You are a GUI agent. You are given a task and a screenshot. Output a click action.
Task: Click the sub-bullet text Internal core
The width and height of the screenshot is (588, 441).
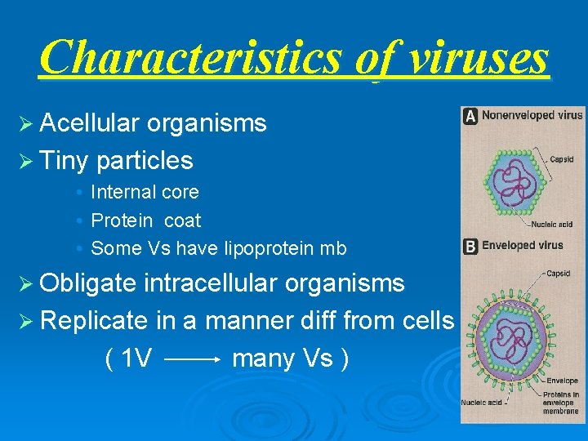click(145, 193)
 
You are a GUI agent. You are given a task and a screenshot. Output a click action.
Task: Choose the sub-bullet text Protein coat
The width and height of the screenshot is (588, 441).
click(145, 220)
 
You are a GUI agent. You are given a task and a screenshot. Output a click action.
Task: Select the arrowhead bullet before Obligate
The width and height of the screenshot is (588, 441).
click(27, 283)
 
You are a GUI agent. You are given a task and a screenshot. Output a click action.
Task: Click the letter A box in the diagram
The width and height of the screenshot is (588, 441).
click(470, 116)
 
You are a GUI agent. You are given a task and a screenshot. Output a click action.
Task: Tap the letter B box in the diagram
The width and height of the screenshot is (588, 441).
click(470, 246)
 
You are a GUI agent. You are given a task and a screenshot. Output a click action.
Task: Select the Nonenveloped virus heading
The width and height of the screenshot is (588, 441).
click(532, 116)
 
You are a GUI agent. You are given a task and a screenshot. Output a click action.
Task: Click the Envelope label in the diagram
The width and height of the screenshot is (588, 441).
click(562, 381)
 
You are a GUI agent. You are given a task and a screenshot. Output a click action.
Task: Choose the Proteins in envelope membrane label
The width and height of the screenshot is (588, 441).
click(562, 403)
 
